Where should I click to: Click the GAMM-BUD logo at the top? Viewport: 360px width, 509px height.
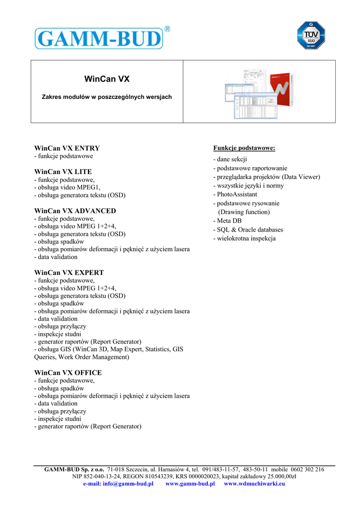tap(99, 38)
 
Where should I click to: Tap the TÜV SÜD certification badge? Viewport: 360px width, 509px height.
tap(311, 36)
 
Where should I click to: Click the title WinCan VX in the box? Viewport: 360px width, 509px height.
tap(107, 79)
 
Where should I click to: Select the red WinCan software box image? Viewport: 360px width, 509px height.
tap(280, 93)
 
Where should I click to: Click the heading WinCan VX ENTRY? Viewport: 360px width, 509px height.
tap(67, 148)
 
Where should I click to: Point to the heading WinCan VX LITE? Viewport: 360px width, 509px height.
tap(63, 171)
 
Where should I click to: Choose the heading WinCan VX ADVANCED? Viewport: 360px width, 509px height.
tap(75, 211)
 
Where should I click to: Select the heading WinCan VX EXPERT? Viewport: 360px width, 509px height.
tap(69, 273)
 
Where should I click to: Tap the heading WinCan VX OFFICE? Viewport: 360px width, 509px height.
tap(68, 373)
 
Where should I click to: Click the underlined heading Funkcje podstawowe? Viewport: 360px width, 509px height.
tap(244, 148)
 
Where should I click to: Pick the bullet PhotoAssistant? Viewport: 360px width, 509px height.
tap(235, 194)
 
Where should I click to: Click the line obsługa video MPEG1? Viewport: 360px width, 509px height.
tap(67, 187)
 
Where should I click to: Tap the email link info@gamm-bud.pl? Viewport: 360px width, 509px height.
tap(118, 484)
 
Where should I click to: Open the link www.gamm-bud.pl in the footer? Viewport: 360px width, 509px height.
tap(190, 484)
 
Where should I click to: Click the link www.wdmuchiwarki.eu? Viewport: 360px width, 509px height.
tap(255, 484)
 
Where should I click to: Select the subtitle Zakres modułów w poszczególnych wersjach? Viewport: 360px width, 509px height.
tap(106, 97)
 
